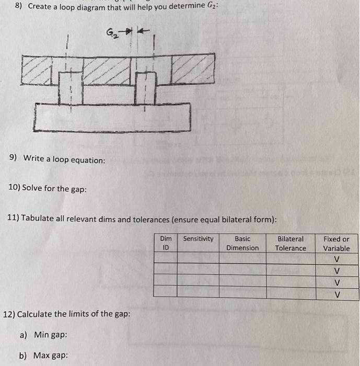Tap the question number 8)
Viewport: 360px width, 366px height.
click(19, 6)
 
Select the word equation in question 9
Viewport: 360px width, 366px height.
click(87, 159)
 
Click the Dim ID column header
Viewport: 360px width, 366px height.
click(166, 243)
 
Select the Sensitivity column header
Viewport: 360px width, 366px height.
click(198, 239)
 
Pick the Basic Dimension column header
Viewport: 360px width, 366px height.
click(242, 243)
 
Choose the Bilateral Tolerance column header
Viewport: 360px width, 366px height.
click(291, 243)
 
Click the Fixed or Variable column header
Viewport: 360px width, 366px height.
click(336, 243)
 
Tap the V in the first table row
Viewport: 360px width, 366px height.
click(336, 259)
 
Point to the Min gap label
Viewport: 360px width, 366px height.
click(50, 335)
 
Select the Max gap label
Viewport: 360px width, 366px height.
click(51, 356)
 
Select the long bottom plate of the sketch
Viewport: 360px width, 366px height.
click(112, 117)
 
